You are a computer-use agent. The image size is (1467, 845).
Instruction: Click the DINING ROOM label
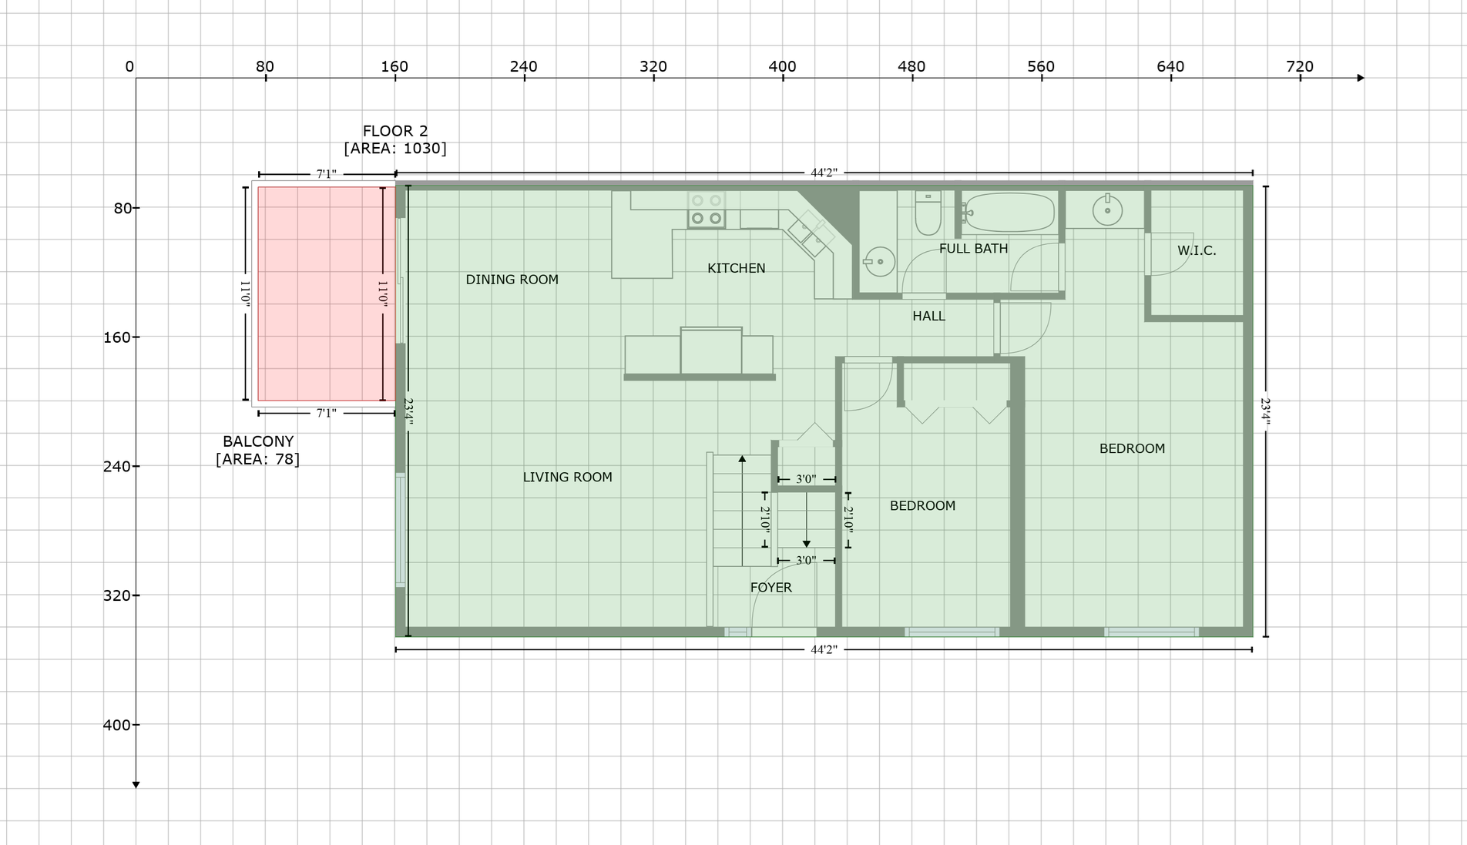512,280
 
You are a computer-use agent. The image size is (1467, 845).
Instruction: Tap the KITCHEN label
737,268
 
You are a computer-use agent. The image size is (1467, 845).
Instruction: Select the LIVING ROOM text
567,477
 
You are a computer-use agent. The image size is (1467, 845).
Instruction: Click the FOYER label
770,587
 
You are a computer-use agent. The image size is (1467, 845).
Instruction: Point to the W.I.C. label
1197,250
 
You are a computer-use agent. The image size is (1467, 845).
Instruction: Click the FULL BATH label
973,248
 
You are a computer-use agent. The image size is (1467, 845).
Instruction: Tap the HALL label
928,316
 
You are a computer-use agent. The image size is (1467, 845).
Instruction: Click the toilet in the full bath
928,213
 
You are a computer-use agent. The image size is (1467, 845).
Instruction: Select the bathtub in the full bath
1009,212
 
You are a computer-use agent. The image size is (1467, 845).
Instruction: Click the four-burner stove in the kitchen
707,209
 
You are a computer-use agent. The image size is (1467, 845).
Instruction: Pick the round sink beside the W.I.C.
1107,210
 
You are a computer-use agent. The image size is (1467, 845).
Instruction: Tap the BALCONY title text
258,441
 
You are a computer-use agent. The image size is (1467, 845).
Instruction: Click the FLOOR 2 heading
395,131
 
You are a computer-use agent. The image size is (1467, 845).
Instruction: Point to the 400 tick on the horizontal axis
783,77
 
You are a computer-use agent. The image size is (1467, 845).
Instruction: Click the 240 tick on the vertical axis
136,466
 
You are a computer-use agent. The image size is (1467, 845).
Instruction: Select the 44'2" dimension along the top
824,173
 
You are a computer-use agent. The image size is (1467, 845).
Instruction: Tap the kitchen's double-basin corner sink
811,233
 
